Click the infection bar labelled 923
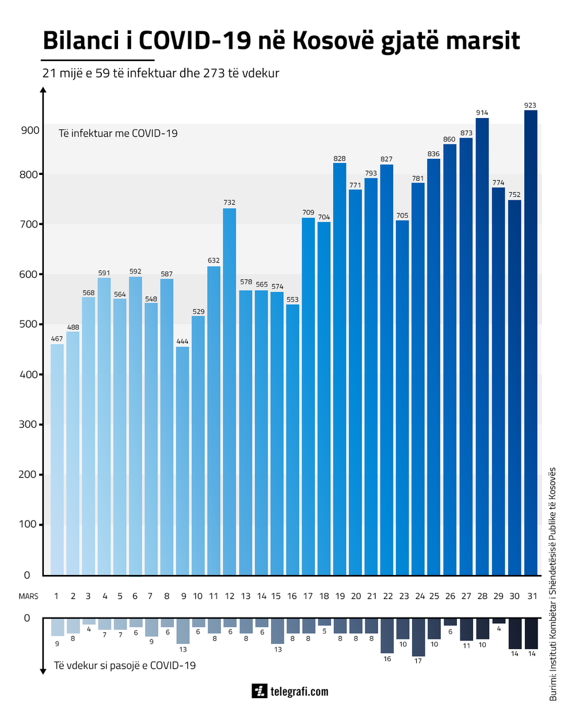coord(531,342)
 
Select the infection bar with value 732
coord(229,391)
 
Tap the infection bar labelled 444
coord(182,460)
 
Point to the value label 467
coord(57,339)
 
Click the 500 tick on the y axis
coord(28,325)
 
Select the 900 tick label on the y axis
coord(28,130)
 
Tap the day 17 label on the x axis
coord(308,596)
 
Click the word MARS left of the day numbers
coord(28,596)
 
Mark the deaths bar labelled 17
coord(418,637)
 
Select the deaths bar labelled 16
coord(387,635)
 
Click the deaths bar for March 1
coord(57,627)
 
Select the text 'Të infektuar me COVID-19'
coord(118,134)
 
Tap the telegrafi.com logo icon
coord(260,691)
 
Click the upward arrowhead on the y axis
coord(43,90)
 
